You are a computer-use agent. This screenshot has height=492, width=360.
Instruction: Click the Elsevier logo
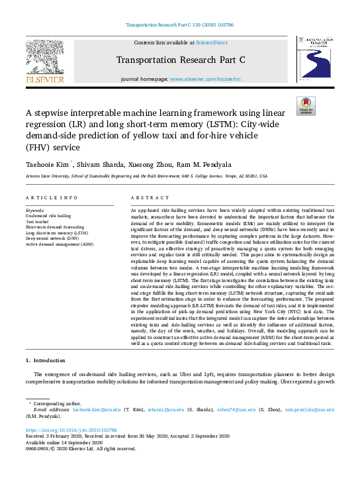[x=45, y=61]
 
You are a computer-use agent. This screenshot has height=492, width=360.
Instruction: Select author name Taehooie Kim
[x=49, y=164]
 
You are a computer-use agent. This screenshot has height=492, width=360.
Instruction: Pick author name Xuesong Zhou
[x=160, y=164]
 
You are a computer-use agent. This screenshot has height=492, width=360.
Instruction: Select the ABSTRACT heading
[x=146, y=198]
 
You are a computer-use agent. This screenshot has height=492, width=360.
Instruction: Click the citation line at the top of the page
[x=180, y=26]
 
